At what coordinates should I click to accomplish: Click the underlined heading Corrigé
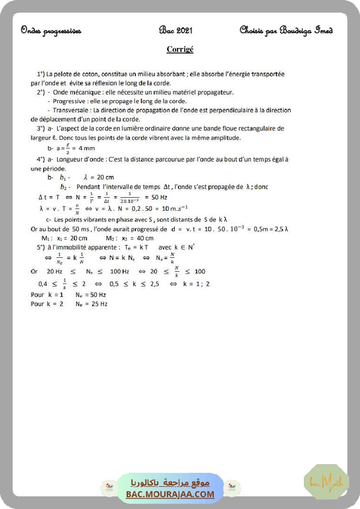click(x=180, y=49)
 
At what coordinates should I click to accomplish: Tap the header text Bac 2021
click(x=176, y=30)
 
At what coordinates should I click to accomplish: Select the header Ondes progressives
click(x=51, y=30)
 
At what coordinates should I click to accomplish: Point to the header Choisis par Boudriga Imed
click(x=286, y=30)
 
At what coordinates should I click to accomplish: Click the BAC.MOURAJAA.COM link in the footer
click(x=170, y=494)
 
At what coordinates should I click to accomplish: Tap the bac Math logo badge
click(x=326, y=482)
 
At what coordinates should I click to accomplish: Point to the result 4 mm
click(x=86, y=148)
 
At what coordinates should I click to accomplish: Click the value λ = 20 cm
click(x=98, y=177)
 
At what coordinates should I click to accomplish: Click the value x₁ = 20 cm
click(x=72, y=238)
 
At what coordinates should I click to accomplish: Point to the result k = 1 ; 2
click(x=196, y=284)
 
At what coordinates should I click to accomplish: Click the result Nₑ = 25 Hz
click(x=91, y=304)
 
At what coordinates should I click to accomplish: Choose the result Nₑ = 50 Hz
click(x=91, y=295)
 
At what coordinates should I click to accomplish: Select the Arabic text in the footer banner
click(x=170, y=483)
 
